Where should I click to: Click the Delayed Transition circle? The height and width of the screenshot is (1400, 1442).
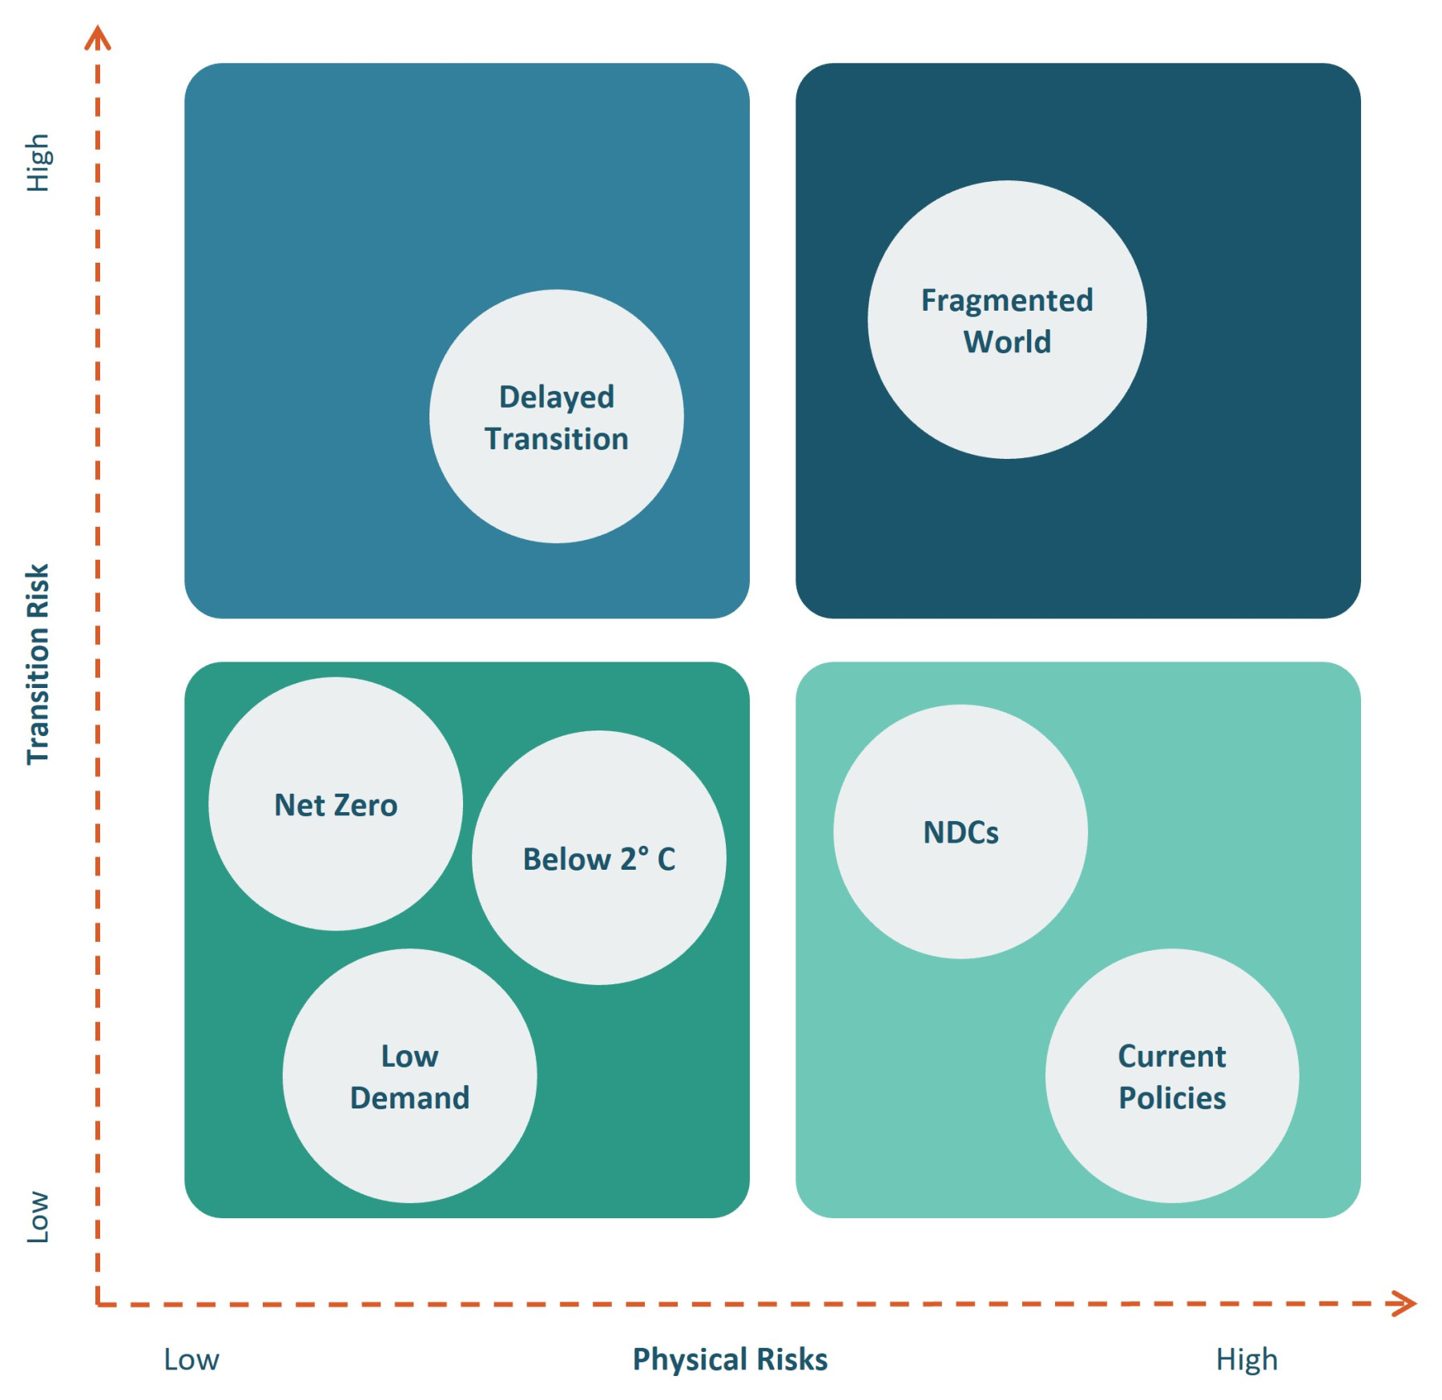tap(556, 416)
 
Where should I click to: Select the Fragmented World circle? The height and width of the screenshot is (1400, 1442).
tap(1006, 320)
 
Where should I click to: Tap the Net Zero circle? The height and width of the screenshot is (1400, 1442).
tap(335, 804)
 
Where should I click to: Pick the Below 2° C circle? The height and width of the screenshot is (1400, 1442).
tap(598, 858)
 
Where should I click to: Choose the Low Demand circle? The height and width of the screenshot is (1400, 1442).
tap(409, 1076)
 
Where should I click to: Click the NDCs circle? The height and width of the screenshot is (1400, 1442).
tap(960, 831)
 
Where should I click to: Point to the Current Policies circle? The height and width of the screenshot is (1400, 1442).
tap(1171, 1076)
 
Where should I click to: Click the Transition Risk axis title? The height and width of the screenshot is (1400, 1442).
tap(38, 664)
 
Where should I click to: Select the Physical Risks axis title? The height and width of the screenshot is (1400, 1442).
tap(729, 1359)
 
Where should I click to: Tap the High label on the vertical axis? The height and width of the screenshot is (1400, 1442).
tap(38, 163)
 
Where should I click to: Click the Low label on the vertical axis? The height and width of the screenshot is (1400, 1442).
tap(38, 1217)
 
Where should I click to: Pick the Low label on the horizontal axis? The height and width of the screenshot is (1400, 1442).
tap(191, 1359)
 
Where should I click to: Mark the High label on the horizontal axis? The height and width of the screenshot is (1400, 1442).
tap(1246, 1359)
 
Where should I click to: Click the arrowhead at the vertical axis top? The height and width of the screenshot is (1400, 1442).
tap(98, 37)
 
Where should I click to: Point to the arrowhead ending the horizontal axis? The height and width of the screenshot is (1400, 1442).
tap(1406, 1303)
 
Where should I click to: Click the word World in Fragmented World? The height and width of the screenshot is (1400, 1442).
tap(1006, 342)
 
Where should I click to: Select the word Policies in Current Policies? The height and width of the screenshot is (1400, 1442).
tap(1171, 1097)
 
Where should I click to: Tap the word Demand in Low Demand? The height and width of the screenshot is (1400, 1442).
tap(409, 1097)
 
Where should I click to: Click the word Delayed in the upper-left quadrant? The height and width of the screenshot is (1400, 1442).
tap(556, 396)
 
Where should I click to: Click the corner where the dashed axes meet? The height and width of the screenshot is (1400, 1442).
tap(98, 1305)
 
